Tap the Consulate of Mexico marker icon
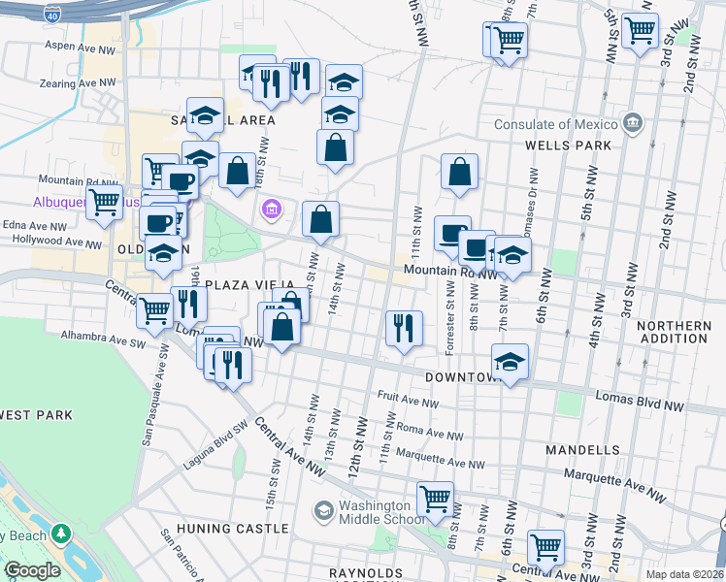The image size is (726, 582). click(x=633, y=124)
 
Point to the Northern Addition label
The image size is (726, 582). click(x=675, y=332)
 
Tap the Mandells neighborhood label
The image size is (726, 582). click(x=582, y=450)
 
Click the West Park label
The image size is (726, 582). click(x=36, y=415)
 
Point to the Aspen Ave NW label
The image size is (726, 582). click(x=75, y=46)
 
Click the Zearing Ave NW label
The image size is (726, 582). click(x=70, y=85)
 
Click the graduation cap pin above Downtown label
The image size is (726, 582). click(x=510, y=362)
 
